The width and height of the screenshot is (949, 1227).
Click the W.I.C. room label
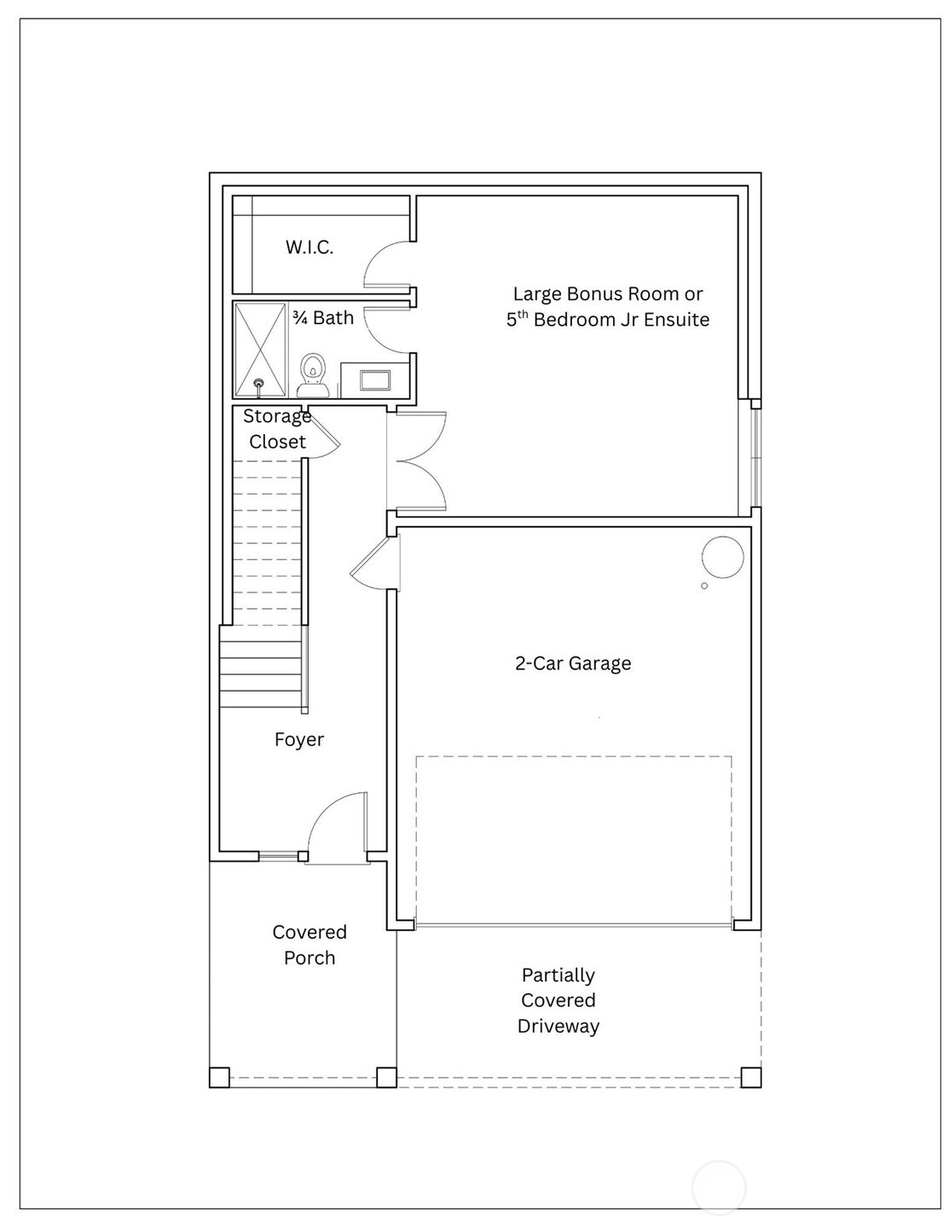tap(309, 247)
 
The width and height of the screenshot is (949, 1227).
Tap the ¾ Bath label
tap(322, 318)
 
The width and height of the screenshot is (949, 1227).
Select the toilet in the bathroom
tap(313, 373)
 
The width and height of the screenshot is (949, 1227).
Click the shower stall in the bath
tap(260, 350)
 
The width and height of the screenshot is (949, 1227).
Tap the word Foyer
tap(298, 739)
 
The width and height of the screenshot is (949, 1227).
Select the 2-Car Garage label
tap(573, 663)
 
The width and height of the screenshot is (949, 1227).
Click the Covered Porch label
tap(309, 945)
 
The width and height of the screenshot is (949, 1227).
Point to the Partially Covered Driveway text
tap(558, 1000)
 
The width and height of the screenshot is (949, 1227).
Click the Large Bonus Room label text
tap(607, 307)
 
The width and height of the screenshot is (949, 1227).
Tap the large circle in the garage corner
tap(722, 558)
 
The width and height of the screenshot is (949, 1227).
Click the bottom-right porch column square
tap(750, 1077)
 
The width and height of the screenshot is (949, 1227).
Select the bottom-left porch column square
tap(219, 1077)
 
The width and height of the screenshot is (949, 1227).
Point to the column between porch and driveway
tap(386, 1077)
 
